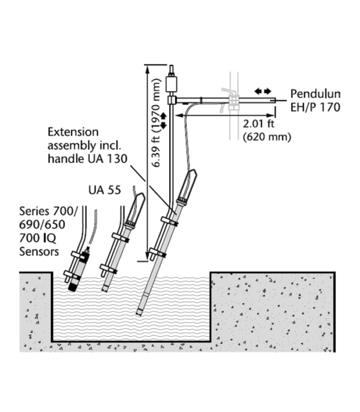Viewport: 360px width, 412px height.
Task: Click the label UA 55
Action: click(104, 190)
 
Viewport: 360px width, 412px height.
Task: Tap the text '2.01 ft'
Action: click(259, 124)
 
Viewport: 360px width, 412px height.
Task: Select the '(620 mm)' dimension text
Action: click(267, 137)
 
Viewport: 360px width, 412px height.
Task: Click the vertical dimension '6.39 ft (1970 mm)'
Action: click(157, 123)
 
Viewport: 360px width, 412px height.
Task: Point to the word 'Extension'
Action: click(73, 132)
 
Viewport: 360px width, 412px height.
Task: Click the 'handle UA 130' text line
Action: click(88, 159)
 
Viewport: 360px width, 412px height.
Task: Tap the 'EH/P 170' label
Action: click(315, 107)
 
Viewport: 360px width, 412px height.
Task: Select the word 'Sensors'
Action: click(39, 252)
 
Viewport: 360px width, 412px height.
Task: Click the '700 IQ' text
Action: click(38, 238)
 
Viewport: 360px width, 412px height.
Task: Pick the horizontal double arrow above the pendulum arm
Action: click(263, 91)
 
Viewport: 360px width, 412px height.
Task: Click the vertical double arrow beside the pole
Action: click(164, 121)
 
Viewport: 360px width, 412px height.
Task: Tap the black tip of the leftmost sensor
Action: click(72, 286)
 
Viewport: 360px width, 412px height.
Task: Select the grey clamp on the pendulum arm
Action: click(233, 101)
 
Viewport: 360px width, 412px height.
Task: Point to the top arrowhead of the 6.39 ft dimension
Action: click(148, 69)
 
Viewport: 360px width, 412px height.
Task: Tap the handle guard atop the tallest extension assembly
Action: click(188, 186)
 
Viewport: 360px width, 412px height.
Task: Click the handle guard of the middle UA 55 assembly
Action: click(136, 208)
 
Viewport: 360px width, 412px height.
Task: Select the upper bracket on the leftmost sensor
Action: click(80, 254)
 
